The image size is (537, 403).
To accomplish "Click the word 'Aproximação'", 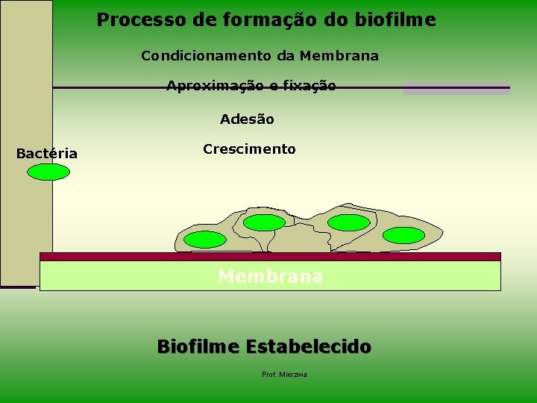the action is [x=216, y=86].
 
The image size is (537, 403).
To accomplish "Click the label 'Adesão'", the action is [x=247, y=119].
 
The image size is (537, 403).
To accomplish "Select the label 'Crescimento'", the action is [x=249, y=149].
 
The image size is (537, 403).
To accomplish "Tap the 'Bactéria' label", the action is [x=46, y=154].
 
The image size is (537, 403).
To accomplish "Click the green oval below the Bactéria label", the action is [x=48, y=172].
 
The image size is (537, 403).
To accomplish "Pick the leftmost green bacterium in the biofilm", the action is [x=205, y=240].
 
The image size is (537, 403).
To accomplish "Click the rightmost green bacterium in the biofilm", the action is [x=403, y=235].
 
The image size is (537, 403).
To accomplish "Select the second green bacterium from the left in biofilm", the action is [x=264, y=222].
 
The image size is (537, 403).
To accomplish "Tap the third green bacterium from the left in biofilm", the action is [x=348, y=222].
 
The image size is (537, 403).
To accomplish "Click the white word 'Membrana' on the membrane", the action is [x=270, y=276].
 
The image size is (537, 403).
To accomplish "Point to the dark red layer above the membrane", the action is [x=270, y=257].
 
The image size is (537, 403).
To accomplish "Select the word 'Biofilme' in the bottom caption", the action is [x=198, y=346].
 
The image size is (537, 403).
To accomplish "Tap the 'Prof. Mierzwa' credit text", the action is [x=284, y=375].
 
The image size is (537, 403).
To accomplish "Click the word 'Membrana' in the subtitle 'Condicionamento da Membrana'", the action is [x=339, y=55].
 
